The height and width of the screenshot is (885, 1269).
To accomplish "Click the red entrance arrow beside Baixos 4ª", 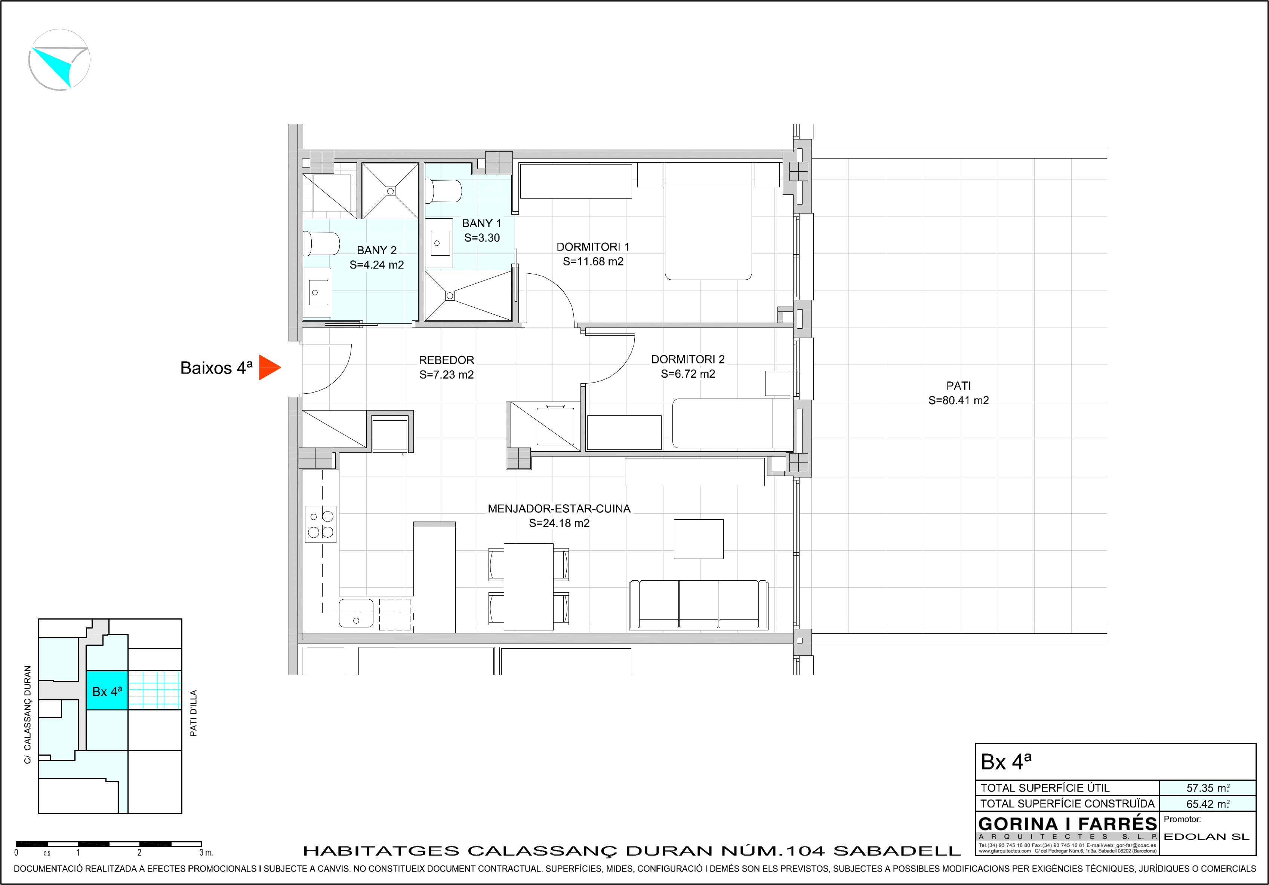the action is (x=269, y=368).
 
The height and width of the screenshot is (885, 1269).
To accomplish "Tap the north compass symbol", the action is (x=59, y=60).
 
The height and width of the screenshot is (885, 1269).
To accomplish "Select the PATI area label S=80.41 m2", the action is (x=958, y=400).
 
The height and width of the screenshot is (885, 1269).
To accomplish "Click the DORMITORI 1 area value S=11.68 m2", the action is (x=593, y=261).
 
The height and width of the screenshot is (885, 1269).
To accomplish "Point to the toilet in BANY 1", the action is (x=443, y=191).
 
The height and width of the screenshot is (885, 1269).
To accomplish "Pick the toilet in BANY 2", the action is (x=321, y=244).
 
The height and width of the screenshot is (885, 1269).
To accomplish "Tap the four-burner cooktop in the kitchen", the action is (x=321, y=525).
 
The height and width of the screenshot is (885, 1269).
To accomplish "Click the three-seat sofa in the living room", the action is (x=699, y=605).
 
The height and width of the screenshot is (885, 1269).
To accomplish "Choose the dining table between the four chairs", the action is (x=529, y=587).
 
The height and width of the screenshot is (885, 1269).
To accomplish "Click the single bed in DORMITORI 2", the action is (x=731, y=423).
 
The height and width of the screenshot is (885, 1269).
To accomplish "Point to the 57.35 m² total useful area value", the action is (x=1208, y=788).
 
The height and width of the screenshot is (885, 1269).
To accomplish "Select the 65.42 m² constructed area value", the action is (x=1208, y=804).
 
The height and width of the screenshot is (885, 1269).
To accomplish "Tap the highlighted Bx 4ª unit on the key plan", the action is (x=107, y=691).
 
